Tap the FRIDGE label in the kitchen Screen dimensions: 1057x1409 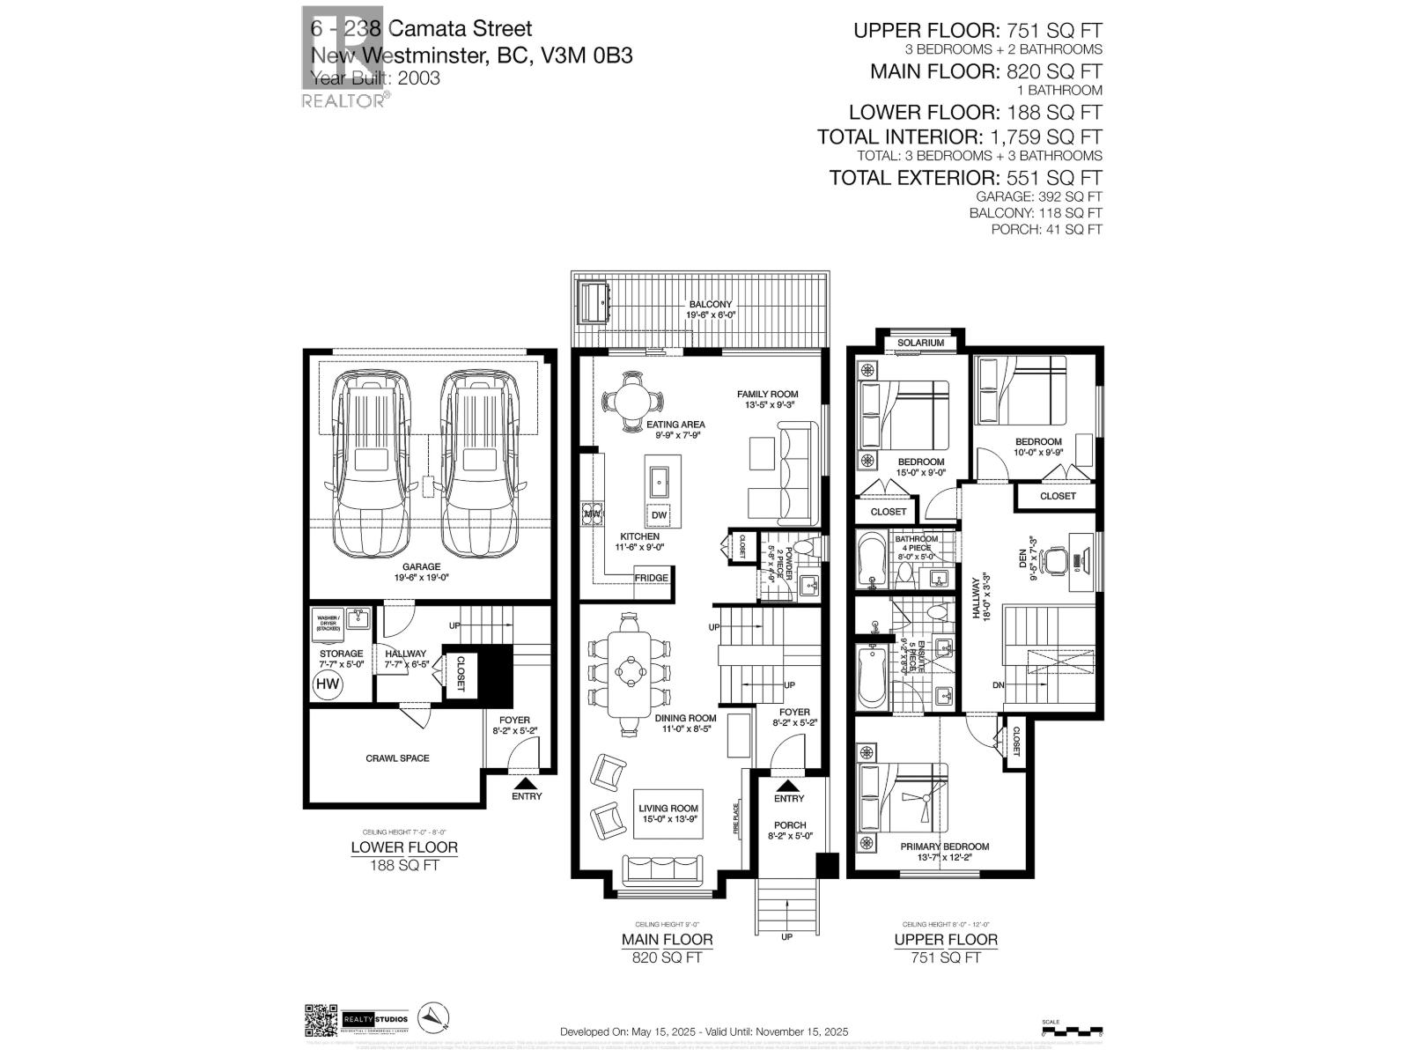click(x=652, y=578)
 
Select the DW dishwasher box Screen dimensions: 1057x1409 click(x=659, y=515)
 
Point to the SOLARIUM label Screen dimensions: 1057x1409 click(x=920, y=343)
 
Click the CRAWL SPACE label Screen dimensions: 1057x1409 click(x=397, y=758)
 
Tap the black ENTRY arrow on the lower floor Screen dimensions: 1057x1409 click(x=525, y=781)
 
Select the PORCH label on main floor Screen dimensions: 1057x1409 click(x=789, y=825)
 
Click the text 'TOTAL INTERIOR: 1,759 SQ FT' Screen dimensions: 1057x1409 click(x=959, y=137)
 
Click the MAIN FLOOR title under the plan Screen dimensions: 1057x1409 click(x=667, y=939)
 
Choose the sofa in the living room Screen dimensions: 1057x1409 click(x=663, y=870)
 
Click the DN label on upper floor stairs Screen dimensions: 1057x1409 click(x=997, y=684)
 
